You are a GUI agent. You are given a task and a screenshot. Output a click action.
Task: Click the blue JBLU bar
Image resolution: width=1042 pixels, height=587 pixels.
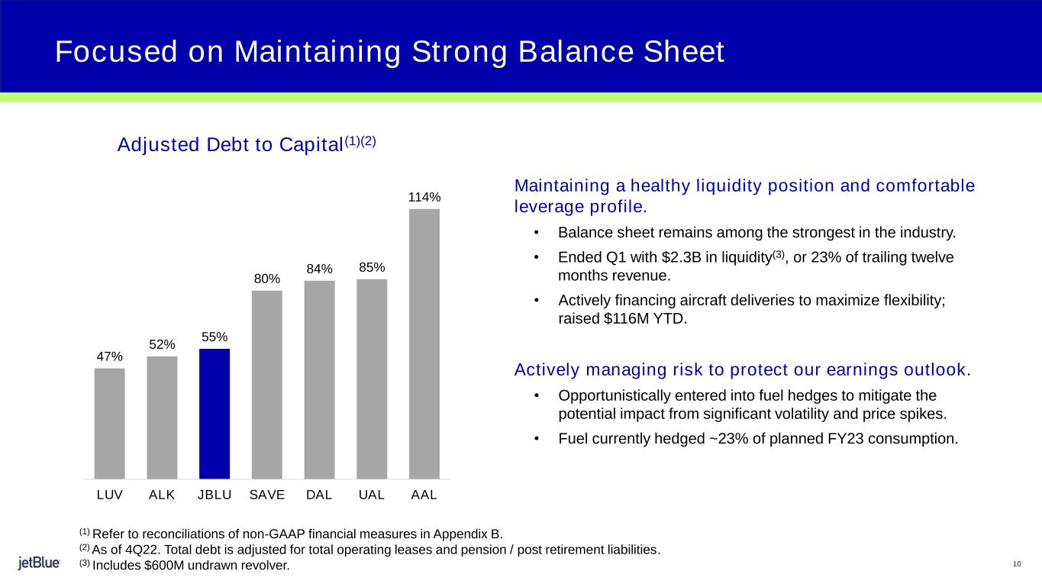point(215,413)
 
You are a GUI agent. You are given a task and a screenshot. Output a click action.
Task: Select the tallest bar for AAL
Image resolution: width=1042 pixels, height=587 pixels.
point(424,343)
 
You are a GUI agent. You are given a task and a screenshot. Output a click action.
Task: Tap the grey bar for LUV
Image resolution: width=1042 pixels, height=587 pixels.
point(110,423)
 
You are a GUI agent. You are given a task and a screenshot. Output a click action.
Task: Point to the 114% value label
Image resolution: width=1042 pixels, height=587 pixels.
point(424,198)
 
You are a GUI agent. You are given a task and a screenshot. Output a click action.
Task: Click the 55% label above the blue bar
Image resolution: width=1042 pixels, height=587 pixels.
point(215,337)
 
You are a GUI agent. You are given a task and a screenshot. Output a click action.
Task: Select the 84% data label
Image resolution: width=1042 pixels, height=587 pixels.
point(320,269)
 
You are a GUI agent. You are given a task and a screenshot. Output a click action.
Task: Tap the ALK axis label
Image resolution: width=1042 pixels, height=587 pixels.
point(162,494)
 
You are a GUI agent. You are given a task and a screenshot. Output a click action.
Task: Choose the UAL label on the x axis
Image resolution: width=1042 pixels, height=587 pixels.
point(372,494)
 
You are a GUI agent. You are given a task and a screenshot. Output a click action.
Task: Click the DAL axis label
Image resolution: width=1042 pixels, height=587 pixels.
point(319,494)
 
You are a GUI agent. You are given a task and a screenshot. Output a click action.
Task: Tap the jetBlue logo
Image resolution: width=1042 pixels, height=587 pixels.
point(40,563)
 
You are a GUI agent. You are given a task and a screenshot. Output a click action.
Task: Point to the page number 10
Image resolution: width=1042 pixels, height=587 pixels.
point(1016,564)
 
